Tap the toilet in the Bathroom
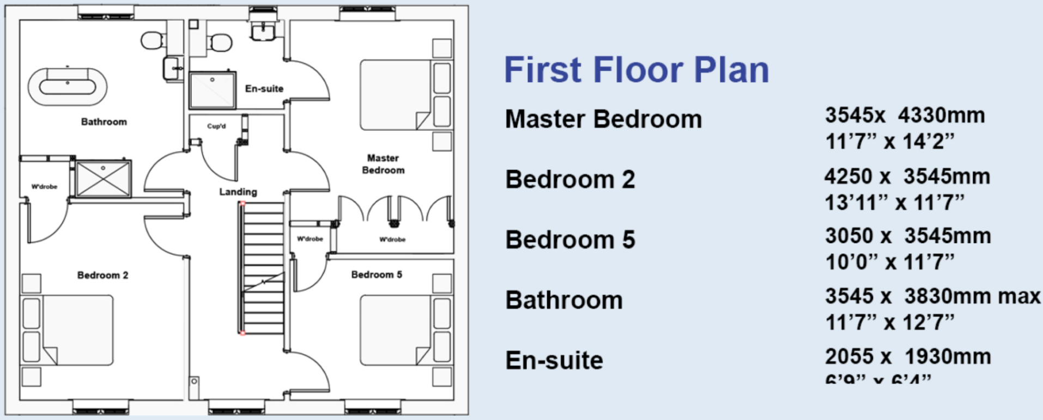point(153,40)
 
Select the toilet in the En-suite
point(221,42)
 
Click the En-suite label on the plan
point(264,89)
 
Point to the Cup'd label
point(216,126)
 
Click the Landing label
point(238,192)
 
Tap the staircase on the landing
point(263,267)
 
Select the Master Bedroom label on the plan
point(383,164)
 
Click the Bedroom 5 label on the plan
point(377,275)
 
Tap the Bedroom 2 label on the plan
point(102,275)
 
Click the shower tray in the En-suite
point(212,90)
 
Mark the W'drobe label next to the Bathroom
point(44,187)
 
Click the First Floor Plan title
point(636,70)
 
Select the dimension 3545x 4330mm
point(905,115)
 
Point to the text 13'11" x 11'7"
point(894,203)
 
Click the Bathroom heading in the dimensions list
point(563,300)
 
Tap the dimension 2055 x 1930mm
point(908,357)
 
